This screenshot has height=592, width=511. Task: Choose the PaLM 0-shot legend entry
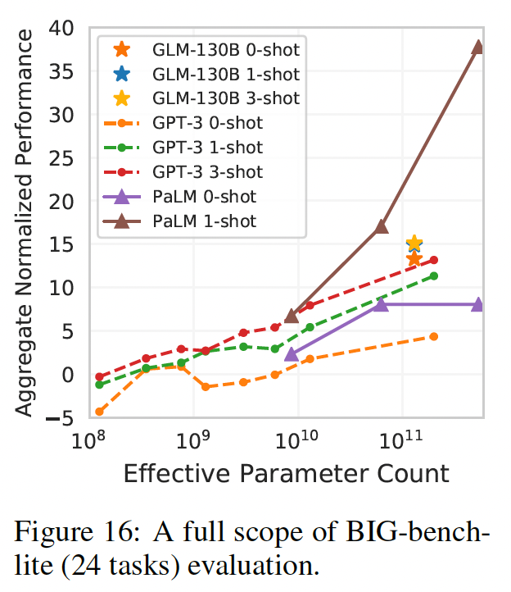[204, 197]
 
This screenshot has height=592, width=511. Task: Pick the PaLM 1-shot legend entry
[204, 221]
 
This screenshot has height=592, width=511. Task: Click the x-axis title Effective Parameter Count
[286, 473]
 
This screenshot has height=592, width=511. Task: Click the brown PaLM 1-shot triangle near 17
[381, 226]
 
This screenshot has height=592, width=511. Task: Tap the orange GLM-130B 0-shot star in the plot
[414, 258]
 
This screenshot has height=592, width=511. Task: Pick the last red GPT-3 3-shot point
[434, 260]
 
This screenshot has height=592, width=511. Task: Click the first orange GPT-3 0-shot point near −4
[100, 412]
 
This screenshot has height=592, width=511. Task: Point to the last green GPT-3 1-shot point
[434, 276]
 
